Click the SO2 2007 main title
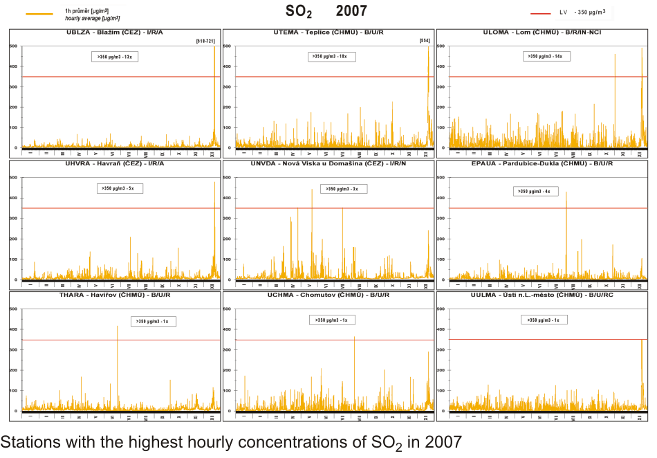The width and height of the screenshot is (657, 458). [x=326, y=11]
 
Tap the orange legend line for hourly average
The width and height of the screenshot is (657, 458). [x=39, y=14]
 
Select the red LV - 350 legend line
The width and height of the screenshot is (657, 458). [x=541, y=13]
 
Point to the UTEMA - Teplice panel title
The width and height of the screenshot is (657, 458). [x=328, y=33]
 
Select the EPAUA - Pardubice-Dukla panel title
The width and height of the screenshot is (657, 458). [x=542, y=164]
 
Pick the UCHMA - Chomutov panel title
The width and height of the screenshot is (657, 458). [x=328, y=295]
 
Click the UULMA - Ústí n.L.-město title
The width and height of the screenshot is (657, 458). [x=542, y=295]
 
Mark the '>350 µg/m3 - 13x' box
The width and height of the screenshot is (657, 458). [x=115, y=57]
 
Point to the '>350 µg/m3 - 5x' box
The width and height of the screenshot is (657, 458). [x=120, y=188]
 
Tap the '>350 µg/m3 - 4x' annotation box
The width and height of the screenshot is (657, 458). [x=536, y=192]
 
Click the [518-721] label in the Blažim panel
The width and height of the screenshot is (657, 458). [x=207, y=42]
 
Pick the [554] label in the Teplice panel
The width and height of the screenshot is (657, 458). [x=425, y=42]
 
